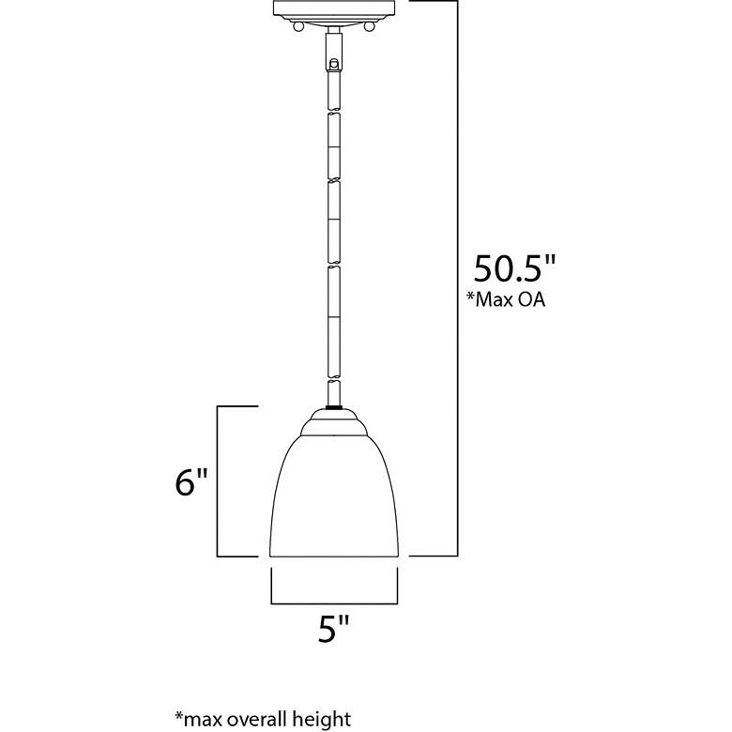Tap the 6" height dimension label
pyautogui.click(x=191, y=481)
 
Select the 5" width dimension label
pyautogui.click(x=334, y=629)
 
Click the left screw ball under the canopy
pyautogui.click(x=297, y=26)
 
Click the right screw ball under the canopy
pyautogui.click(x=369, y=26)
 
